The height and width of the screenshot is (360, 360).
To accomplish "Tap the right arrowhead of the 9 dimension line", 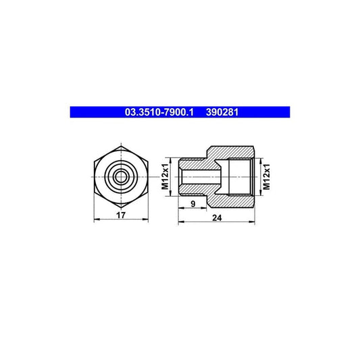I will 207,208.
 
